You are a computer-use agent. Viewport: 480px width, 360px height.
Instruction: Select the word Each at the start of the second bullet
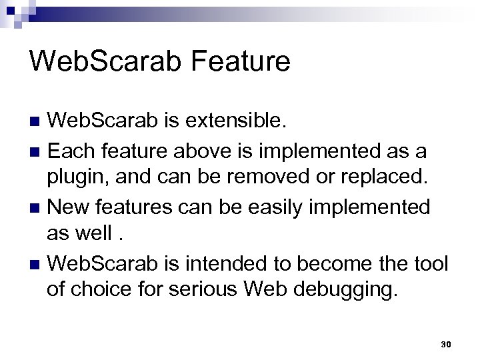pyautogui.click(x=71, y=151)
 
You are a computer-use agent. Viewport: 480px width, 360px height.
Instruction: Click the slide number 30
pyautogui.click(x=446, y=345)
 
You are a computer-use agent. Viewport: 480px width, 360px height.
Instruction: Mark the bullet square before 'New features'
pyautogui.click(x=35, y=209)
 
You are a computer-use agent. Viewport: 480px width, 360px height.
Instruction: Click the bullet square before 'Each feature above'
pyautogui.click(x=35, y=151)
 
